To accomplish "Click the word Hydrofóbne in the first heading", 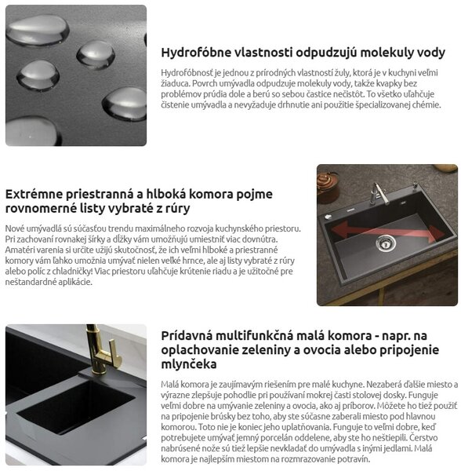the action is (196, 53).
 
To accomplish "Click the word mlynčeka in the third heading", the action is (189, 364).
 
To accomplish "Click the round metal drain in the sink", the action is (386, 243).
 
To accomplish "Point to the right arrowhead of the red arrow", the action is (436, 234).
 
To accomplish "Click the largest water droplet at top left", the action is (38, 31).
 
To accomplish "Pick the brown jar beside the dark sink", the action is (328, 187).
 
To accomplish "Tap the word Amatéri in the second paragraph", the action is (16, 250).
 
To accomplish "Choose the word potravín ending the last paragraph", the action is (354, 459).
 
